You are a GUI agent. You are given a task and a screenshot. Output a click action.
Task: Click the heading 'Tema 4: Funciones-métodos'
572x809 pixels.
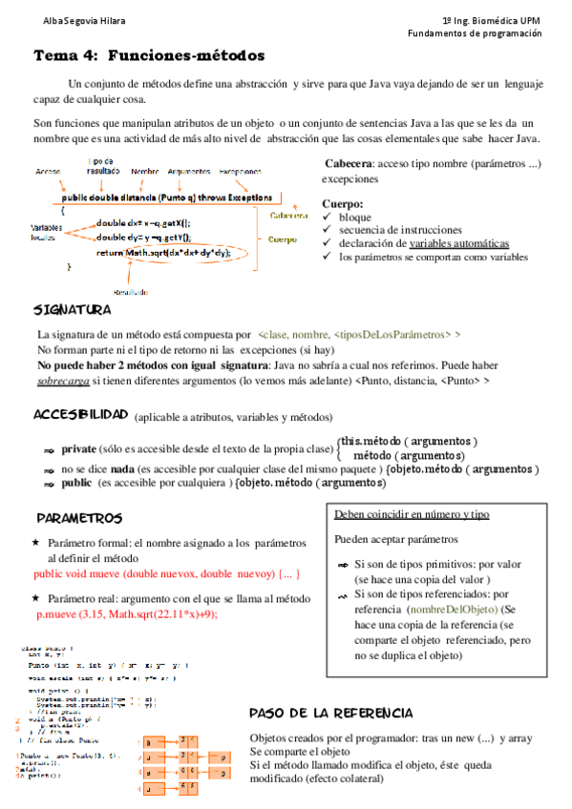click(149, 56)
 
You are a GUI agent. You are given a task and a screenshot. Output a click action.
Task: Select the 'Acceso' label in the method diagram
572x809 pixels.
click(48, 172)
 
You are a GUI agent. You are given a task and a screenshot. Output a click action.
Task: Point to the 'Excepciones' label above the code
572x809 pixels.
click(240, 172)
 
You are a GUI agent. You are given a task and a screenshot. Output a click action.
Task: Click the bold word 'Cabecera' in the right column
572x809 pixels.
click(349, 163)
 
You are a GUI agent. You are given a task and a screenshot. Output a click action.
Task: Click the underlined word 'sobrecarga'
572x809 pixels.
click(63, 381)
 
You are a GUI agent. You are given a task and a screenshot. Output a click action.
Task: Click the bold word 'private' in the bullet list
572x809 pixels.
click(79, 448)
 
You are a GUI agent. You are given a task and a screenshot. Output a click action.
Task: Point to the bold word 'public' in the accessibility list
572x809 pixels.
click(76, 484)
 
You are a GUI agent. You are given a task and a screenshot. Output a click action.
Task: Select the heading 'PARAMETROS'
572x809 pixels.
click(79, 518)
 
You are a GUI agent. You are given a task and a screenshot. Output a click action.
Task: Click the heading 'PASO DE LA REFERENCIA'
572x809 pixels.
click(330, 714)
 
